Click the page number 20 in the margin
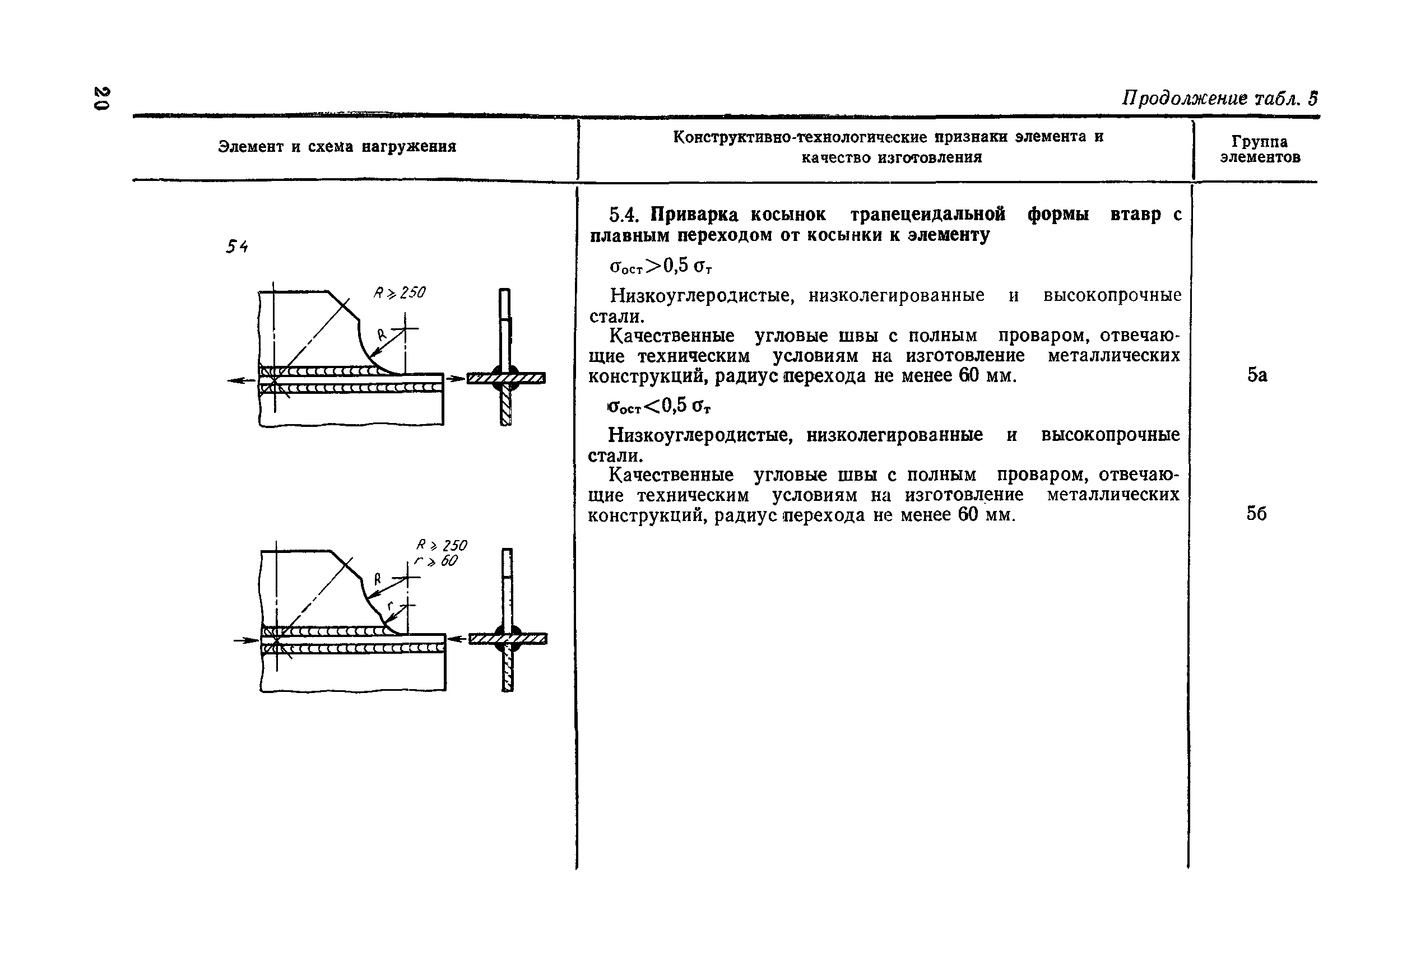point(101,98)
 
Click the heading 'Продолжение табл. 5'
point(1219,99)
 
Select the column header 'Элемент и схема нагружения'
point(337,146)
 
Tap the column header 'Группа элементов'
point(1260,149)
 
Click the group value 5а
point(1257,375)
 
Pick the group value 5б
point(1256,514)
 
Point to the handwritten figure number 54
point(237,247)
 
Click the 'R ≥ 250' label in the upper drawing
point(400,293)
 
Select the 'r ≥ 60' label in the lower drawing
point(436,561)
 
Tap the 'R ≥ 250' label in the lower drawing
point(441,545)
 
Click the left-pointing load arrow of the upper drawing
point(242,380)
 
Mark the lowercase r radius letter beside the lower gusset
point(390,605)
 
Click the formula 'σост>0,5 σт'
point(661,266)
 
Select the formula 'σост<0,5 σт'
point(660,406)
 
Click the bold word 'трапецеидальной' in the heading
point(927,214)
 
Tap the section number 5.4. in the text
point(626,214)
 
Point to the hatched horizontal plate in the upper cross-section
point(505,378)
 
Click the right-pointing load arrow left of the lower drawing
point(246,640)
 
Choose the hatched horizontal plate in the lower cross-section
point(508,639)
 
